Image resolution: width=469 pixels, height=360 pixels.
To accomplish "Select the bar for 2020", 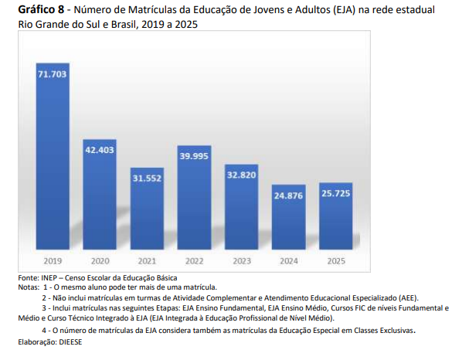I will [x=100, y=197].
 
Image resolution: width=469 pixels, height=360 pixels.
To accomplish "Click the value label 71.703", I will [x=53, y=74].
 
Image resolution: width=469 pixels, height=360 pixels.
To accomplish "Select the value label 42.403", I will [x=100, y=150].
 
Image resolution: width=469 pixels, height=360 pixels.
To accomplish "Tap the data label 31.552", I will [x=147, y=178].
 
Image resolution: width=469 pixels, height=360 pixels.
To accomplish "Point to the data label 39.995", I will [x=195, y=156].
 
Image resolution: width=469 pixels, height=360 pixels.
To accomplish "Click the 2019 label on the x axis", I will [x=53, y=261].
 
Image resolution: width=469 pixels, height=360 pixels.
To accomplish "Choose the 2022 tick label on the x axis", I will [x=195, y=261].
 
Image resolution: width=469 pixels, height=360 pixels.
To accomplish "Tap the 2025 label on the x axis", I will [x=336, y=261].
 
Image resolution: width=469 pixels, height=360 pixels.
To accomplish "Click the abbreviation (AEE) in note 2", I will [x=405, y=297].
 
